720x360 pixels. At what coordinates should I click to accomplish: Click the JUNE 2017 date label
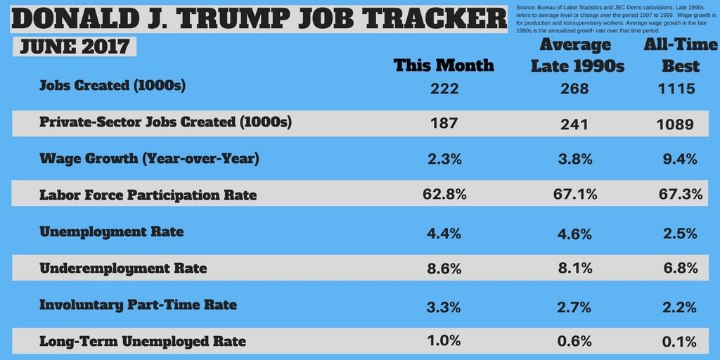pyautogui.click(x=75, y=47)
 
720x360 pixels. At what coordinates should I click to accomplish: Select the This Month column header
pyautogui.click(x=444, y=65)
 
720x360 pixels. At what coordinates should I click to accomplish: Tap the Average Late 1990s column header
pyautogui.click(x=577, y=56)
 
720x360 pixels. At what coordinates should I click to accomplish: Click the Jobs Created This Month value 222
pyautogui.click(x=444, y=89)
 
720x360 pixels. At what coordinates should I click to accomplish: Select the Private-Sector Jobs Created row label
pyautogui.click(x=165, y=122)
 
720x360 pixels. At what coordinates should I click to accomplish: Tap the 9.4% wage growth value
pyautogui.click(x=680, y=159)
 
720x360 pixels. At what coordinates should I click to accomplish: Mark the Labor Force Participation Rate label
pyautogui.click(x=148, y=195)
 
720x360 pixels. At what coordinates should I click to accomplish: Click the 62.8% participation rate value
pyautogui.click(x=444, y=194)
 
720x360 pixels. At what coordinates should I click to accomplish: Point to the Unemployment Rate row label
pyautogui.click(x=111, y=231)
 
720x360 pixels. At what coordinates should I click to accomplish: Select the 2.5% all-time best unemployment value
pyautogui.click(x=680, y=232)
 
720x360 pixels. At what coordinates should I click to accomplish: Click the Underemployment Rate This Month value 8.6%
pyautogui.click(x=444, y=268)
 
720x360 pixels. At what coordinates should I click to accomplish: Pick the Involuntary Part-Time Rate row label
pyautogui.click(x=138, y=304)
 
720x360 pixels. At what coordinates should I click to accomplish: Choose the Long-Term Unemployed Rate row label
pyautogui.click(x=143, y=342)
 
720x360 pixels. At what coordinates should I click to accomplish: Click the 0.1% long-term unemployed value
pyautogui.click(x=680, y=342)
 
